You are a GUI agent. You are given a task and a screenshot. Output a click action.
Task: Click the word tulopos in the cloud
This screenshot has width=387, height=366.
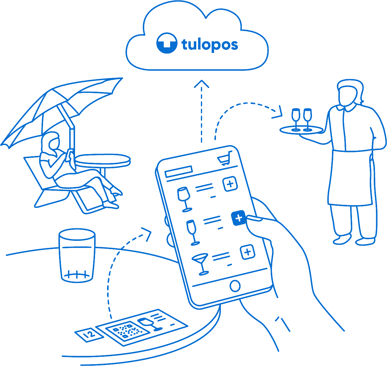click(x=210, y=45)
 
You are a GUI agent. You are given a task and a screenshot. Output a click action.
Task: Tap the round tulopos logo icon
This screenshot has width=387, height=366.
click(x=167, y=44)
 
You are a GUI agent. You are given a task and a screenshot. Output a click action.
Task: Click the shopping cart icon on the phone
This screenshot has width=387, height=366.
click(x=224, y=159)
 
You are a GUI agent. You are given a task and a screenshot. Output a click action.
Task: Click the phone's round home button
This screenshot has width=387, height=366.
click(x=235, y=286)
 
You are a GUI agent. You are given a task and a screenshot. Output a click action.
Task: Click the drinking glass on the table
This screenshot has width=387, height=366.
click(x=77, y=255)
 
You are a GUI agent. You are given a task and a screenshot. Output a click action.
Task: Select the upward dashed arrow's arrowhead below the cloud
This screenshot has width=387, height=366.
click(x=201, y=83)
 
